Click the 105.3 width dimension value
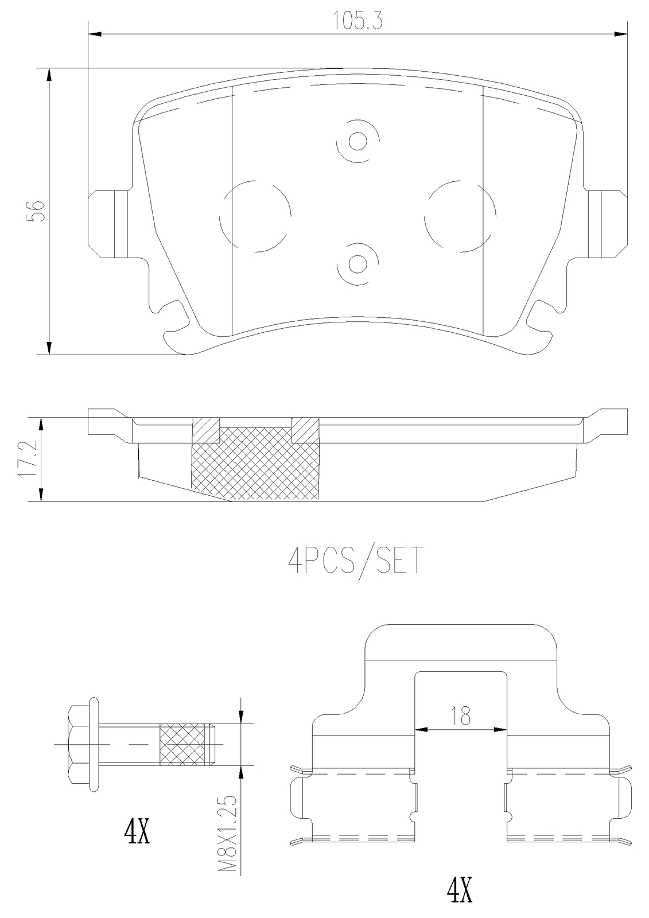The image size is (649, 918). coord(357,21)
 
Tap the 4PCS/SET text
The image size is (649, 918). coord(355,561)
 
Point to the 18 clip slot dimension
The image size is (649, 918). coord(461,715)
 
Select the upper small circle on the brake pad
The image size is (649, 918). coord(358,141)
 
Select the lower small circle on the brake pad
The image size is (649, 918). coord(357,263)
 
